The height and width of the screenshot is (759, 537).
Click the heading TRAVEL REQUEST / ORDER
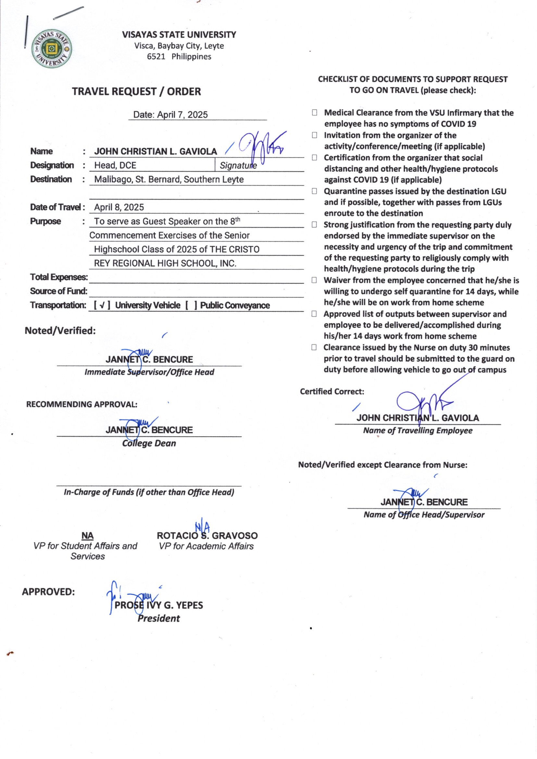pyautogui.click(x=136, y=92)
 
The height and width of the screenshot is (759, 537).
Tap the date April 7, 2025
pyautogui.click(x=182, y=115)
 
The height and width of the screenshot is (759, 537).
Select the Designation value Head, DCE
pyautogui.click(x=115, y=165)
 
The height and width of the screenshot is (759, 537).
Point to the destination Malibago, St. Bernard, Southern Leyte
pyautogui.click(x=169, y=180)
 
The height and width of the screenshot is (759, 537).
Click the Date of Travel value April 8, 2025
pyautogui.click(x=119, y=207)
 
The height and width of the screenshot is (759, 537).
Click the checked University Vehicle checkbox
pyautogui.click(x=102, y=305)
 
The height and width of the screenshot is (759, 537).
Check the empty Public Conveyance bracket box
pyautogui.click(x=191, y=305)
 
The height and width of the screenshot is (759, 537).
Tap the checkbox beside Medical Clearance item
pyautogui.click(x=315, y=113)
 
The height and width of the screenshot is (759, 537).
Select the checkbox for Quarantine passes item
pyautogui.click(x=315, y=192)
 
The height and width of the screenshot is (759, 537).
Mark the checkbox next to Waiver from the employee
pyautogui.click(x=314, y=280)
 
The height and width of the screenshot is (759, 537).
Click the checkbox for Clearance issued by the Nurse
pyautogui.click(x=314, y=347)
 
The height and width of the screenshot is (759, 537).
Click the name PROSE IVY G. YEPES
pyautogui.click(x=159, y=605)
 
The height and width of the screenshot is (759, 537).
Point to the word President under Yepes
pyautogui.click(x=159, y=618)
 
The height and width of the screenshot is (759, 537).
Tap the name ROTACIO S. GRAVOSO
pyautogui.click(x=207, y=536)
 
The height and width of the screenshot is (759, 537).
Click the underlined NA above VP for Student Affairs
pyautogui.click(x=87, y=536)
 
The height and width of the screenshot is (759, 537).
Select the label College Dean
pyautogui.click(x=149, y=443)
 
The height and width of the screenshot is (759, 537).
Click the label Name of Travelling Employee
pyautogui.click(x=418, y=430)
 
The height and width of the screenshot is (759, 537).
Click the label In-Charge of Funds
pyautogui.click(x=149, y=492)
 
